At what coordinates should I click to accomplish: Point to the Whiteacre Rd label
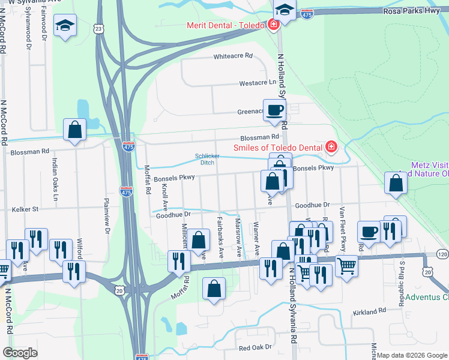(234, 56)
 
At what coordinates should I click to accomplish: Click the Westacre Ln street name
(258, 83)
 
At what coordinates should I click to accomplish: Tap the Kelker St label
(25, 209)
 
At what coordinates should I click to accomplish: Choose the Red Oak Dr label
(255, 347)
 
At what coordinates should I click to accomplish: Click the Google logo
(20, 353)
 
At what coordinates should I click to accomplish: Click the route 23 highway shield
(99, 28)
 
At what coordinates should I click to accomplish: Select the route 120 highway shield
(442, 254)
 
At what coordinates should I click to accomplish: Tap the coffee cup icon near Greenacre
(275, 110)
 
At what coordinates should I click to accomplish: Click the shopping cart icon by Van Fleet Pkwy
(347, 265)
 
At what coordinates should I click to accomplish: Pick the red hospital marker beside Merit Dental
(273, 25)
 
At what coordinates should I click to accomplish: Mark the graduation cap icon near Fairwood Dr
(65, 25)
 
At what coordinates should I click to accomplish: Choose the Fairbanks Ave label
(221, 237)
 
